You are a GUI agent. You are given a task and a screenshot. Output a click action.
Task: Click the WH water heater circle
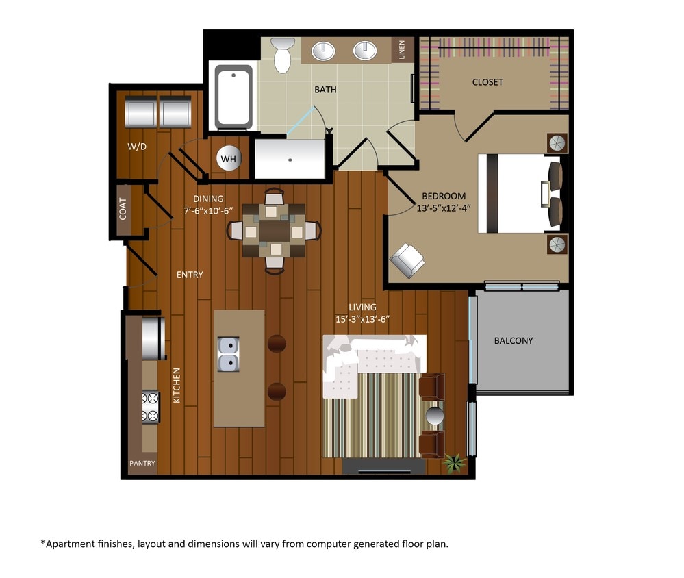click(x=229, y=159)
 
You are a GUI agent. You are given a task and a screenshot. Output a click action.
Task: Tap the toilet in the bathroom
click(x=282, y=55)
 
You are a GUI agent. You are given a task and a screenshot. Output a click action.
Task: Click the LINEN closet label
click(x=403, y=50)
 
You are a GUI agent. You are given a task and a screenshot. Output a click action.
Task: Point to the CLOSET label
click(x=487, y=82)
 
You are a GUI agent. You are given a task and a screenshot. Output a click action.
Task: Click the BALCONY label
click(x=513, y=340)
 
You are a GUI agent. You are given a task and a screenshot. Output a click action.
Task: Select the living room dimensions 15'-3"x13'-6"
click(x=362, y=319)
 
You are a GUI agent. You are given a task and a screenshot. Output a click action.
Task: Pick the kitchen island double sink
click(x=228, y=353)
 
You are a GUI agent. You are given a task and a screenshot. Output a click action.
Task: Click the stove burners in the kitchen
click(x=150, y=407)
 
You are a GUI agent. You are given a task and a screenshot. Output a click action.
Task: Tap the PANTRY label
click(x=142, y=464)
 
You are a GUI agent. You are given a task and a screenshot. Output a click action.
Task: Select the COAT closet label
click(x=123, y=209)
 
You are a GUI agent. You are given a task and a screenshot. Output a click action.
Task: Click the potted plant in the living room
click(x=453, y=463)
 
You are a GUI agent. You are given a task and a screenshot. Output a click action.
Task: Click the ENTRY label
click(x=190, y=275)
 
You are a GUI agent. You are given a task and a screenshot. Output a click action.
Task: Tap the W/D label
click(x=138, y=147)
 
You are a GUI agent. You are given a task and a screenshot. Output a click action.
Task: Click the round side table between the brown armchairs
click(x=435, y=416)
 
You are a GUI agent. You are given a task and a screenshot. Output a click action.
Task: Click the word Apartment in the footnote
click(x=68, y=544)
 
